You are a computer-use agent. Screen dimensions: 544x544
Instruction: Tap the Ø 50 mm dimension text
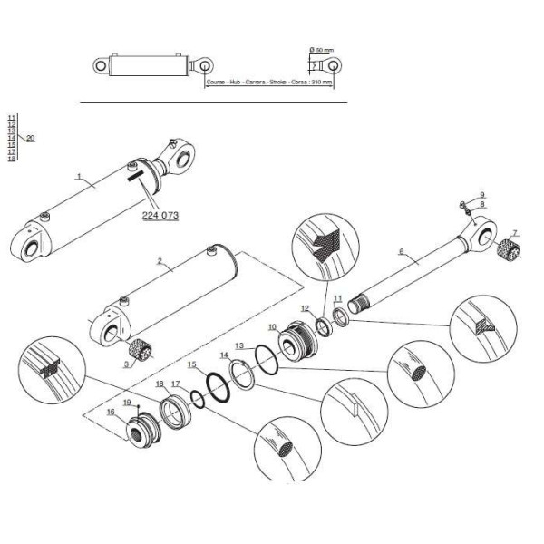[x=322, y=48]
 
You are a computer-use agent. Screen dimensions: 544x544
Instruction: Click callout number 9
[x=482, y=195]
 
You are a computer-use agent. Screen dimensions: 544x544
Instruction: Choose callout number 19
[x=127, y=402]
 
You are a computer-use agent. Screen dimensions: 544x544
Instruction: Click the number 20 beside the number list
[x=31, y=138]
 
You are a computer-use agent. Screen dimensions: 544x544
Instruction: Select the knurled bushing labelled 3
[x=141, y=348]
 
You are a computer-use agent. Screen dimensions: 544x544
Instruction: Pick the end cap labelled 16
[x=144, y=429]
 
